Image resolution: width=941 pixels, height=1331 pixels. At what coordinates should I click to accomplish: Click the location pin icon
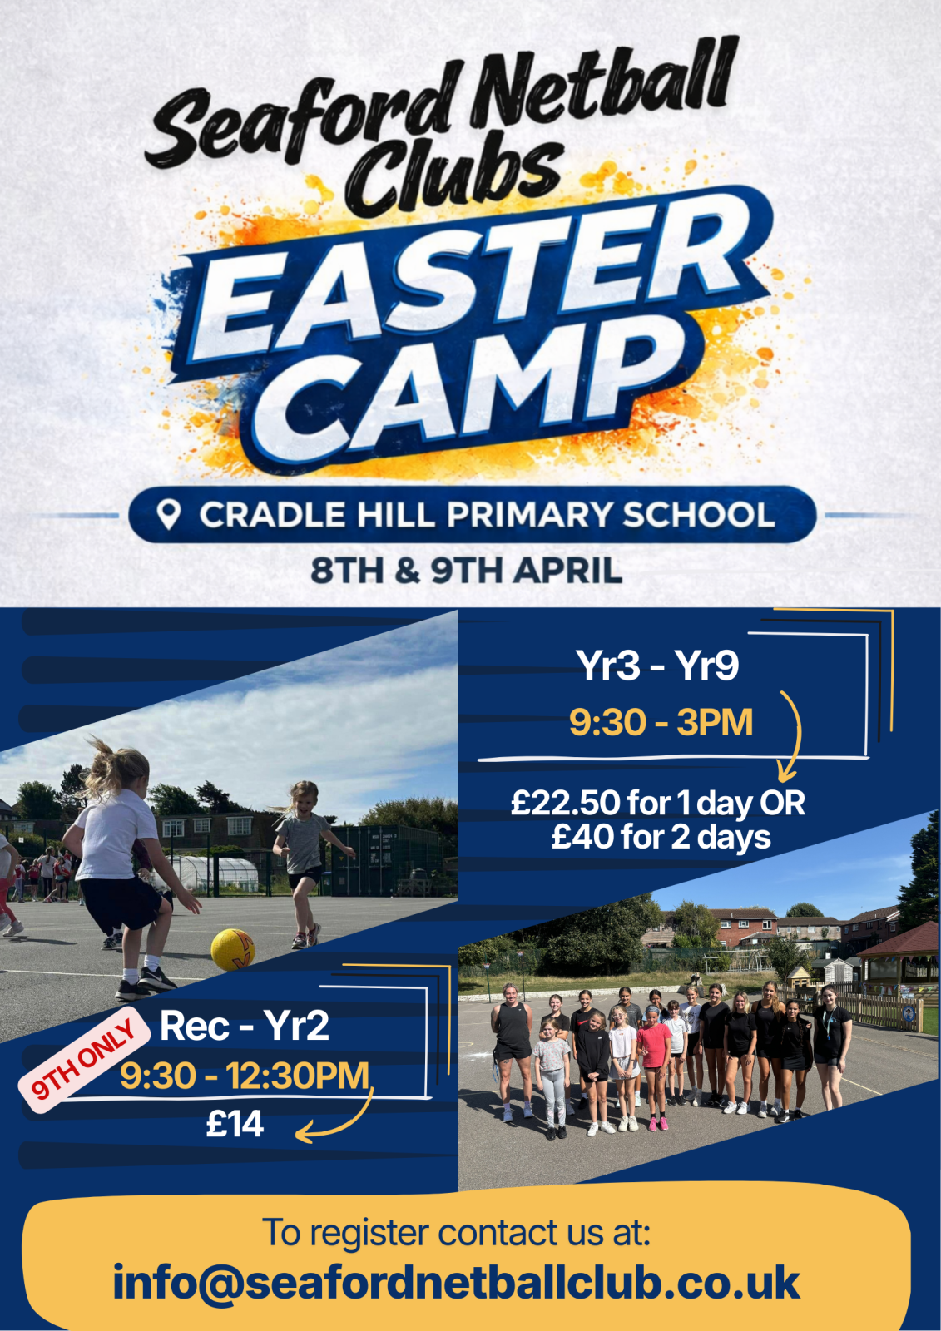(169, 515)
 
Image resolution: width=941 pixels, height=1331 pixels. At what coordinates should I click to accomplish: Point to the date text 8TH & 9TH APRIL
(467, 571)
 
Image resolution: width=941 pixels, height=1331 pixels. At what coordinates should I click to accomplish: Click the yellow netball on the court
(232, 949)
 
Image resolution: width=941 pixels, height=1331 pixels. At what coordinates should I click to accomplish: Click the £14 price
(234, 1124)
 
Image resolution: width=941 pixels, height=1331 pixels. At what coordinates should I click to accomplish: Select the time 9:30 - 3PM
(661, 723)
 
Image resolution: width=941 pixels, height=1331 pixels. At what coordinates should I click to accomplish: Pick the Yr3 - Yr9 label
(657, 665)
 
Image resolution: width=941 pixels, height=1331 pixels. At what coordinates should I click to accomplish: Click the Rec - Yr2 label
(244, 1027)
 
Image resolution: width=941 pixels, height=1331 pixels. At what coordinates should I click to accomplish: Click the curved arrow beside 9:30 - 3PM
(795, 737)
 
